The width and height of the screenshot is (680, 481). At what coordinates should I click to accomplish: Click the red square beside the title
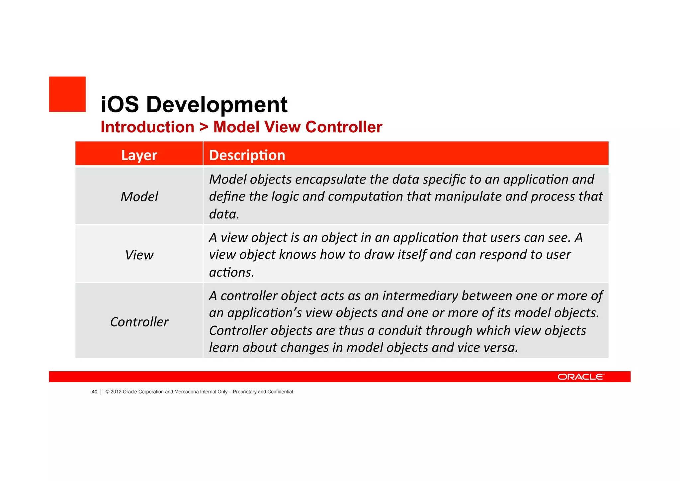(x=67, y=94)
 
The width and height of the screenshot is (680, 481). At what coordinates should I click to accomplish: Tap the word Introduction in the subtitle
(x=147, y=127)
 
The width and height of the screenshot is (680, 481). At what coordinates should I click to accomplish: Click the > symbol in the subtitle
(x=204, y=127)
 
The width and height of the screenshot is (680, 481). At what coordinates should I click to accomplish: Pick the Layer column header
(x=139, y=155)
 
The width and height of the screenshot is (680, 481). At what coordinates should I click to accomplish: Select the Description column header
(x=247, y=155)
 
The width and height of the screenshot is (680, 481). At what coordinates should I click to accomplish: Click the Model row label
(x=139, y=196)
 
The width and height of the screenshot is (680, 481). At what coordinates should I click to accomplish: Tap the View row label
(x=139, y=255)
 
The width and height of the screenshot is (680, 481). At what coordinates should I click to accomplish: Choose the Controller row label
(x=139, y=322)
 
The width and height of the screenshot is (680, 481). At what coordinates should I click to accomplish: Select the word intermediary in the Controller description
(x=420, y=296)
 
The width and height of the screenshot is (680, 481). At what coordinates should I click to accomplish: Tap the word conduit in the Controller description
(x=400, y=330)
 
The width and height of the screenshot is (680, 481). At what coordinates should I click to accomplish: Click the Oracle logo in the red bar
(x=581, y=377)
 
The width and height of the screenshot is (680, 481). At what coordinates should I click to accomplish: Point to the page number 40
(x=95, y=392)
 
